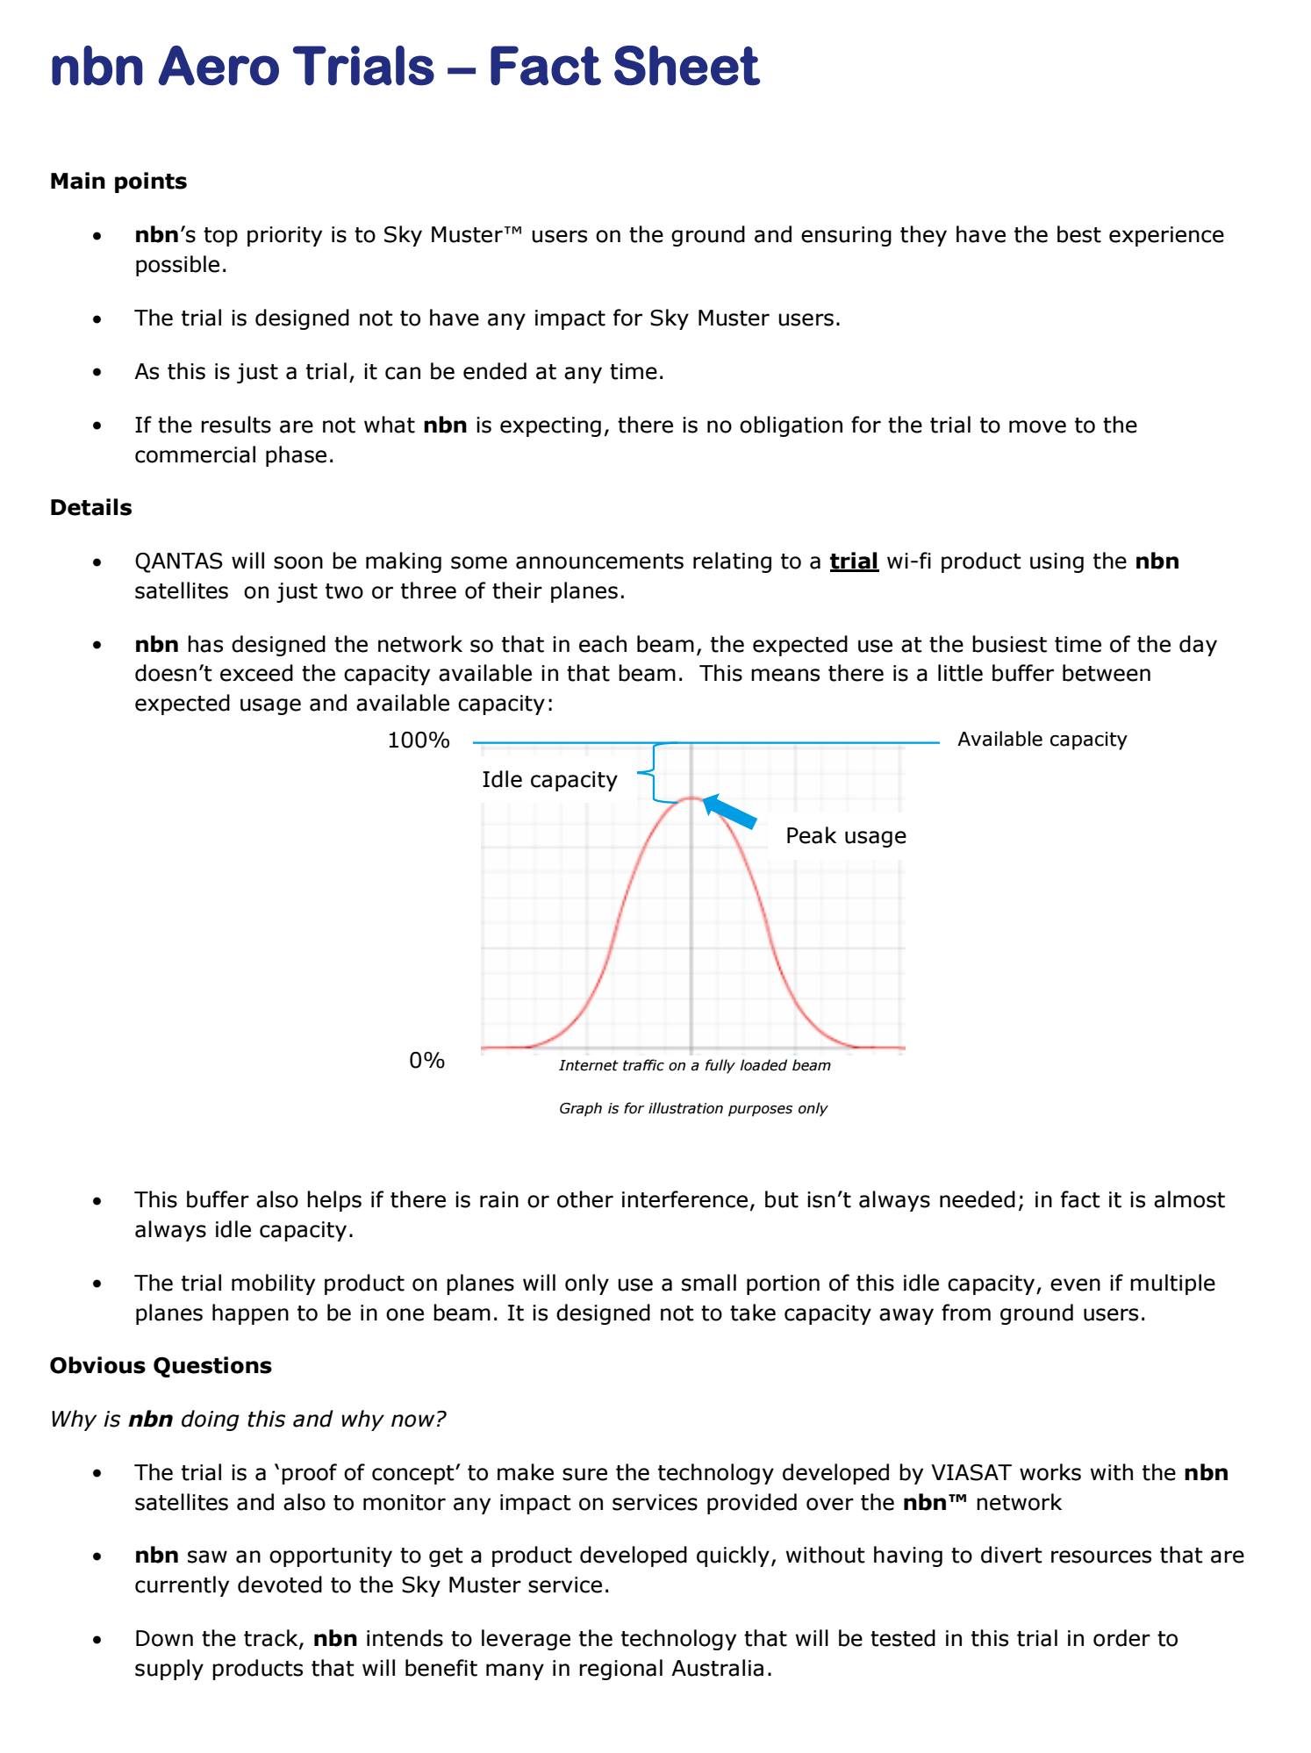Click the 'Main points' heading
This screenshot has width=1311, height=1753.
pos(118,182)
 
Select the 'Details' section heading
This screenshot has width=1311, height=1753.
pos(90,508)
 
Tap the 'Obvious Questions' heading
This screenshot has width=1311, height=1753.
pos(161,1365)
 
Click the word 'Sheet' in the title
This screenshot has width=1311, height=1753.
pos(686,68)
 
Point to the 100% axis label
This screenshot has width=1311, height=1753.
pos(419,741)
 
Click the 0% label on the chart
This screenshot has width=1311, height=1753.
pos(426,1061)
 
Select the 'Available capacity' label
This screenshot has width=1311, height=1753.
pos(1042,740)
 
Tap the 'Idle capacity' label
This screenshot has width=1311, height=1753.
pos(549,780)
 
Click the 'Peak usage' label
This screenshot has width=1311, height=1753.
pos(845,836)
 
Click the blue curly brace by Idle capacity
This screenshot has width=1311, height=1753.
pos(649,772)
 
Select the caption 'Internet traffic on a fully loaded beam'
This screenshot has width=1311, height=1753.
pos(694,1065)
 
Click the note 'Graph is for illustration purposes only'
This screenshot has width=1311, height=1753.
pos(692,1108)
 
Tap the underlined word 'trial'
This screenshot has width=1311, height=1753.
pos(854,562)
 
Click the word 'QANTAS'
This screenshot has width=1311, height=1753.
pos(179,562)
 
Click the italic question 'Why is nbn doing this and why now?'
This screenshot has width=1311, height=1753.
pos(248,1419)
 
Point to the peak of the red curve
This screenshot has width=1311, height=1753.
pos(691,798)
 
